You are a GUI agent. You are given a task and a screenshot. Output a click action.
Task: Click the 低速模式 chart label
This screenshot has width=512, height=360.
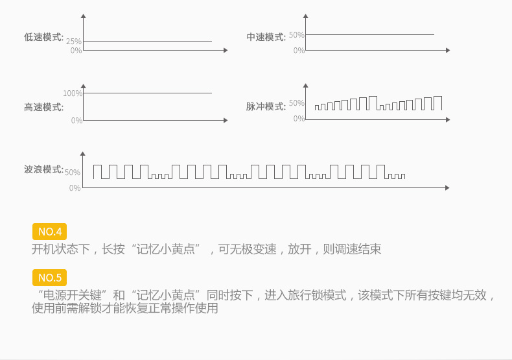(x=44, y=37)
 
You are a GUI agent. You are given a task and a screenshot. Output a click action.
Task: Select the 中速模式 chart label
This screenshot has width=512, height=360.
(x=266, y=37)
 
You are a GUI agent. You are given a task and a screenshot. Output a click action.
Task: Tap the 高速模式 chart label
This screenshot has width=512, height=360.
(x=44, y=107)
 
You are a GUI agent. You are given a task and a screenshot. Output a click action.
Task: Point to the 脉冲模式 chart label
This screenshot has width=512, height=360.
(x=266, y=106)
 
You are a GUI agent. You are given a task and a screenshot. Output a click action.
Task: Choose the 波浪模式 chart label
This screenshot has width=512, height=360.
(x=44, y=169)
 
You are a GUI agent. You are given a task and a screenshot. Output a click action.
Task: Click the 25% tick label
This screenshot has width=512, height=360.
(x=74, y=42)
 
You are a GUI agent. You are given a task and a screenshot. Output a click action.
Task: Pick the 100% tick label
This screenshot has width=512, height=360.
(x=73, y=93)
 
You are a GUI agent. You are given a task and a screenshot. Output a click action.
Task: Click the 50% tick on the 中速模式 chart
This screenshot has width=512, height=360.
(x=296, y=35)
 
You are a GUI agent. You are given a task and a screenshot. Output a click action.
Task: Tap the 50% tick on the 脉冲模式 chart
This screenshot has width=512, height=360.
(x=296, y=103)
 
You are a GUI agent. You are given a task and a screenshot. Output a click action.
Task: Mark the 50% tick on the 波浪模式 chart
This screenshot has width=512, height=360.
(x=73, y=173)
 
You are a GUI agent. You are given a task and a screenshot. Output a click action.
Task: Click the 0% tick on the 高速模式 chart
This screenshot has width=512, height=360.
(x=76, y=121)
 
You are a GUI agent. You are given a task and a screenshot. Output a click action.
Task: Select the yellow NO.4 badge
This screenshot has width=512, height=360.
(x=50, y=232)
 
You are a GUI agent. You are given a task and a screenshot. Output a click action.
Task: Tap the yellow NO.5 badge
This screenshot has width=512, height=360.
(x=50, y=278)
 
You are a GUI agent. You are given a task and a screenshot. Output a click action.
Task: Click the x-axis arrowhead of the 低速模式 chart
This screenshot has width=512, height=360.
(x=226, y=51)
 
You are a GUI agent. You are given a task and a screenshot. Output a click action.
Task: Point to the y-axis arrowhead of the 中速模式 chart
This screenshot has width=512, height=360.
(x=306, y=16)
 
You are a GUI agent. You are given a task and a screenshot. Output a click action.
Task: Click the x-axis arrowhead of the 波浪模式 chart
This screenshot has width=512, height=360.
(x=447, y=188)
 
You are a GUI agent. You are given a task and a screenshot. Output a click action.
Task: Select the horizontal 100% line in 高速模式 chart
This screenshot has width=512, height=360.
(x=148, y=93)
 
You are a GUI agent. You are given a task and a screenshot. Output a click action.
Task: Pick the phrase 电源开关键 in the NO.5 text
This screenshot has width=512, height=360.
(x=73, y=295)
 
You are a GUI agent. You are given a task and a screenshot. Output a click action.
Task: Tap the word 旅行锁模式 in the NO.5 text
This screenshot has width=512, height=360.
(x=317, y=295)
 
